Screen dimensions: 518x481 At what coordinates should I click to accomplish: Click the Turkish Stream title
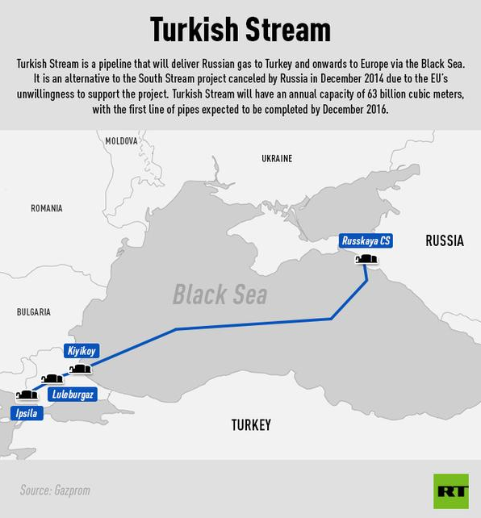click(x=240, y=29)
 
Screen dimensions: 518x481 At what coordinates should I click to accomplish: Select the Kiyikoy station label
click(x=81, y=352)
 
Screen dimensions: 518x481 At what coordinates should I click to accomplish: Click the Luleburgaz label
click(x=72, y=395)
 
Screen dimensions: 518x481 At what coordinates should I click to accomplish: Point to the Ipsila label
click(x=25, y=414)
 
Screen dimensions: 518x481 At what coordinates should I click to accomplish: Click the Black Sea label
click(x=220, y=295)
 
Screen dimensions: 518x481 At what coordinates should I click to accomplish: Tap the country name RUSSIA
click(x=444, y=240)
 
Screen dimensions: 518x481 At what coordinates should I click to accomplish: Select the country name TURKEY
click(x=251, y=425)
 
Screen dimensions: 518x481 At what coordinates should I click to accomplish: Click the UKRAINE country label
click(x=277, y=159)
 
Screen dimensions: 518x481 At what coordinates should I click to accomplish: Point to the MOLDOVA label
click(x=122, y=141)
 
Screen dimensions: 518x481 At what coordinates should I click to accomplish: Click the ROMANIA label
click(x=46, y=208)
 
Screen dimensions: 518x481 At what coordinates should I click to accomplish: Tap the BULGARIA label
click(x=34, y=311)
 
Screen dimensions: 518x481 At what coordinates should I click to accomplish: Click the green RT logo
click(x=450, y=491)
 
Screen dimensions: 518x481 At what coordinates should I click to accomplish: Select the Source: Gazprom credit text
click(x=54, y=490)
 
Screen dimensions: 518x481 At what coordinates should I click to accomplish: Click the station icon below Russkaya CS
click(x=366, y=259)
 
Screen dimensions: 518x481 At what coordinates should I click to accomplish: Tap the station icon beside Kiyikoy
click(x=81, y=369)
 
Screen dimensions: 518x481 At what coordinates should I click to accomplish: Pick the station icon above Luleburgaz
click(x=52, y=378)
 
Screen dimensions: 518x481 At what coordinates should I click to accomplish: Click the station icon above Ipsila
click(x=26, y=395)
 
